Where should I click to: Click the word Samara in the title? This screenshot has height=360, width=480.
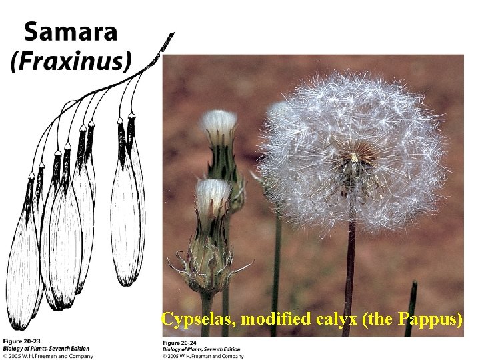pyautogui.click(x=71, y=32)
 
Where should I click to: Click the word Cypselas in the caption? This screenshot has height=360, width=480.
pyautogui.click(x=198, y=319)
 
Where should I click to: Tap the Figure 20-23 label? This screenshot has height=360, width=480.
pyautogui.click(x=22, y=342)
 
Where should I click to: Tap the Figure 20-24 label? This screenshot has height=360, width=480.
pyautogui.click(x=182, y=342)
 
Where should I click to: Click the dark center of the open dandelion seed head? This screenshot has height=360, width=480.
pyautogui.click(x=353, y=161)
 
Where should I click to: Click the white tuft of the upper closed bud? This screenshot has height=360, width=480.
pyautogui.click(x=219, y=123)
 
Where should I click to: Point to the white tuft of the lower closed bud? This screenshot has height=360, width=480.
pyautogui.click(x=213, y=194)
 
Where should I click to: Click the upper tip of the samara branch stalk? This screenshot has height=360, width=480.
pyautogui.click(x=171, y=35)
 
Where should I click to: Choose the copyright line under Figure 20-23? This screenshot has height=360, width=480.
pyautogui.click(x=47, y=356)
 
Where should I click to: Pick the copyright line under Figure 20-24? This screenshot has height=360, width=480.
pyautogui.click(x=203, y=356)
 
